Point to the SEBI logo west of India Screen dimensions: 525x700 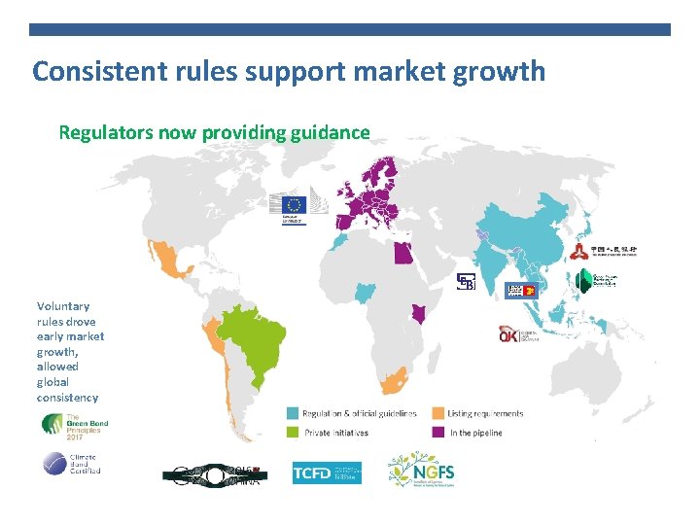[x=467, y=281]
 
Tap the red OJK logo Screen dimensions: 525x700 [x=509, y=334]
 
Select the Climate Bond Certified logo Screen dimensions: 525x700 [x=70, y=464]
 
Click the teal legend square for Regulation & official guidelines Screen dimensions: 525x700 [x=293, y=413]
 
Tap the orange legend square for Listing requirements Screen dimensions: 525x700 [x=438, y=413]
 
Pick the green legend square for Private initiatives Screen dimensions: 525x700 [x=293, y=433]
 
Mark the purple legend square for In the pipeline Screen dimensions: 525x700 [x=438, y=433]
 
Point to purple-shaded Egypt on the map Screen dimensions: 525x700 [x=401, y=253]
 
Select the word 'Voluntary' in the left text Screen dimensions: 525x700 [x=63, y=306]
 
